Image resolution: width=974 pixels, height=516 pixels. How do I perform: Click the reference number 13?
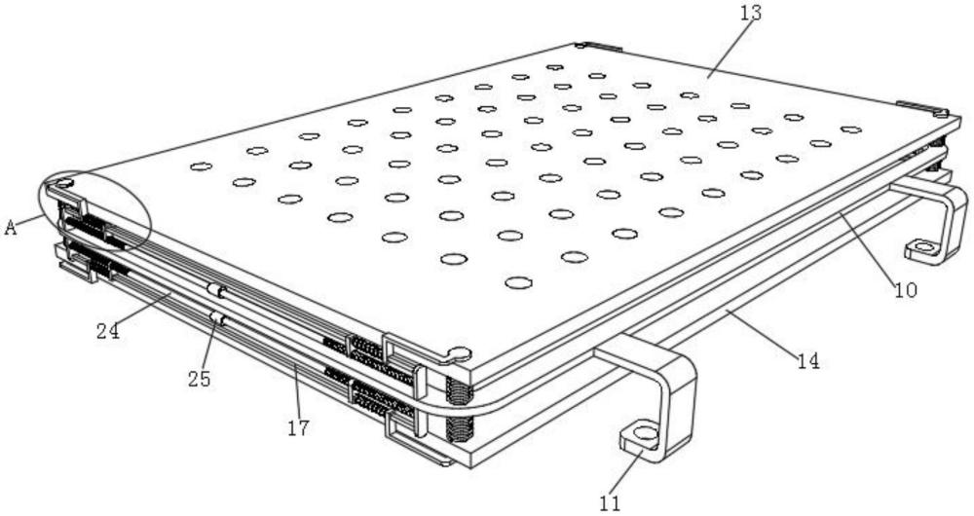point(750,13)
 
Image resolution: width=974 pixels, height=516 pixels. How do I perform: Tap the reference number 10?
point(906,289)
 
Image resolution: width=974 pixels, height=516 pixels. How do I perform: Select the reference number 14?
point(808,361)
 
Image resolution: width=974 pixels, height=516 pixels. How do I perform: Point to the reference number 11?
point(610,503)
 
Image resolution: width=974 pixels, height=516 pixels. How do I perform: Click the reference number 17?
point(298,427)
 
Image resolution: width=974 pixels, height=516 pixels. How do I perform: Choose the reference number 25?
point(200,378)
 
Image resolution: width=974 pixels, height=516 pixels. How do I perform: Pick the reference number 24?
point(107,332)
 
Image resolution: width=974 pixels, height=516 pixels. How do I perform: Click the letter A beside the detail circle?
point(10,228)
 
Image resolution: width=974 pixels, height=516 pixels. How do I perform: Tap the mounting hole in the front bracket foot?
point(645,433)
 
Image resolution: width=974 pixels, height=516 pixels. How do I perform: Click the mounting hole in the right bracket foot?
point(924,247)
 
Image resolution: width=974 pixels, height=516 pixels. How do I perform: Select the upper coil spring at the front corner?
point(459,391)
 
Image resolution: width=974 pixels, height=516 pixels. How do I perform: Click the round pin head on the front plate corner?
point(461,354)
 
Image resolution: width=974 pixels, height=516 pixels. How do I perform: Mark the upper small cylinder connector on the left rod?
point(215,290)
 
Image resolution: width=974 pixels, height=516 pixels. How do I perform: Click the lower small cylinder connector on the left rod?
point(217,318)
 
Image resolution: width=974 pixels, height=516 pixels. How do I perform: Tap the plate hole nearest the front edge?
point(519,283)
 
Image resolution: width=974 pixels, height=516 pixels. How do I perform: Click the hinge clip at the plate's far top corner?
point(598,46)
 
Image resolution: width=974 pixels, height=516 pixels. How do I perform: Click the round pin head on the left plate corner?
point(64,183)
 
